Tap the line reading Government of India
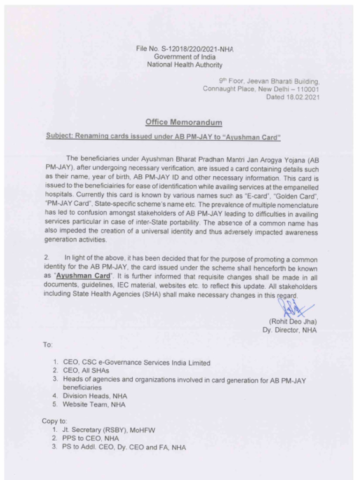pos(185,57)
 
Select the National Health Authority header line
pos(185,65)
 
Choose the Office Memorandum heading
pos(184,122)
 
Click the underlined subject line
pos(163,137)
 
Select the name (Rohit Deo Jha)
pos(293,322)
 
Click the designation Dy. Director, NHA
pos(289,330)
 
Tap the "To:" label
pos(48,345)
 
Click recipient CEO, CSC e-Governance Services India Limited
pos(136,362)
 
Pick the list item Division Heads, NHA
pos(95,396)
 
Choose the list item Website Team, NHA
pos(94,405)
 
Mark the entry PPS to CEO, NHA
pos(87,439)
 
